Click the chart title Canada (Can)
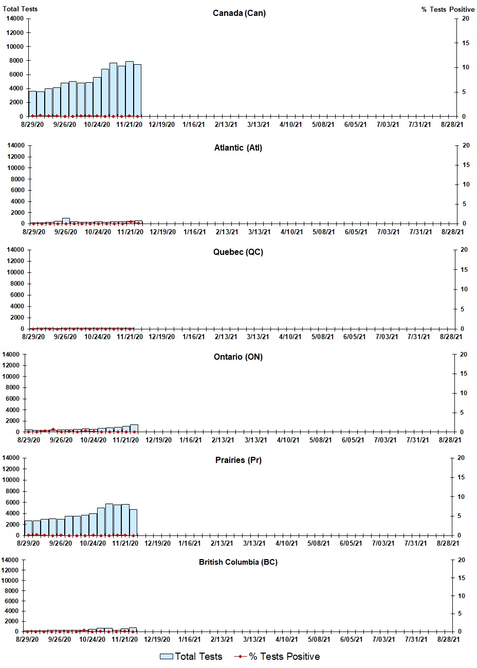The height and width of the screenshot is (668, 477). [x=239, y=13]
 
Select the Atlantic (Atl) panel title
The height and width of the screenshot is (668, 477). [x=238, y=148]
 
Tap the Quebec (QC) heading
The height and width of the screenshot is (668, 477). [x=238, y=252]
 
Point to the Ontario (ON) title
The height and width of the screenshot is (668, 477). [x=238, y=357]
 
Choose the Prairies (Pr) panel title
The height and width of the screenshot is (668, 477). [x=238, y=460]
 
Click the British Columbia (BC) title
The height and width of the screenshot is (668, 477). [x=238, y=562]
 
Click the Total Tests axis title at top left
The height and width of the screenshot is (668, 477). [x=20, y=9]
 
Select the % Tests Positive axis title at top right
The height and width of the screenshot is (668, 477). [x=448, y=9]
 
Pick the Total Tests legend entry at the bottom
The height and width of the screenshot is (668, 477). [x=191, y=657]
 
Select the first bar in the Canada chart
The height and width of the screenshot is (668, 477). [x=32, y=104]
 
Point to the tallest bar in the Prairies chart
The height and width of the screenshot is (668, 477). [x=109, y=519]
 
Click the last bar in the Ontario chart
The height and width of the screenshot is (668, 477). [x=134, y=428]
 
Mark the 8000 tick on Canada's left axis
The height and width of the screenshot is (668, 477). [x=15, y=61]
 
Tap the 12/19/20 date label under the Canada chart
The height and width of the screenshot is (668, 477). [x=162, y=124]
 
